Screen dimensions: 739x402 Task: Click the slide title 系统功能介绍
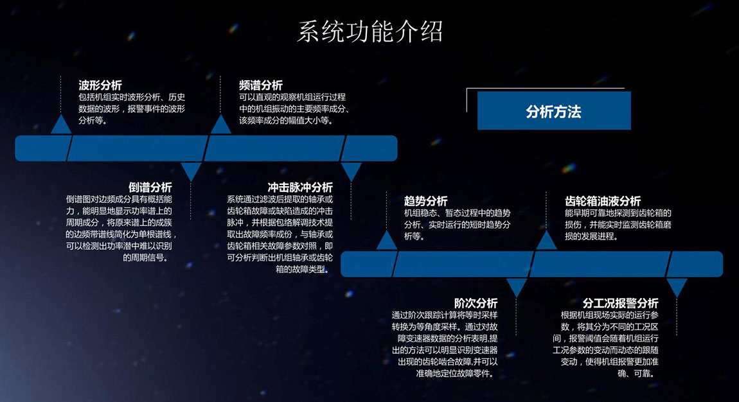coord(369,32)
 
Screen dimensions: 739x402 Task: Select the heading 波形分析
coord(100,85)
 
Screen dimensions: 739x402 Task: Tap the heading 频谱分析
coord(261,85)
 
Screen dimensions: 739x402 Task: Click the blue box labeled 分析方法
coord(554,110)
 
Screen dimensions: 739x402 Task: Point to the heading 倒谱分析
coord(150,188)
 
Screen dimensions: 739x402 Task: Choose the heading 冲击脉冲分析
coord(300,188)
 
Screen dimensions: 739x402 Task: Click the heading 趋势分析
coord(425,201)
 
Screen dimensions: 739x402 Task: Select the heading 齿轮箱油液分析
coord(603,201)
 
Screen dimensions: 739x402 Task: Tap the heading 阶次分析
coord(476,303)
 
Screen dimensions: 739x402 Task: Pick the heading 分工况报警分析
coord(620,303)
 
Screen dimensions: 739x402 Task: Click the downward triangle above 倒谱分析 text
coord(191,170)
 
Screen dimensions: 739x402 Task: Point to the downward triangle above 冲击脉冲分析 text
coord(351,170)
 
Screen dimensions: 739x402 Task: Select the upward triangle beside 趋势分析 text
coord(386,241)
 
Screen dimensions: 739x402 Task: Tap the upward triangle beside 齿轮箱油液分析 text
coord(546,241)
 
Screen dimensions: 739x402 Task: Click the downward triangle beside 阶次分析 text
coord(517,285)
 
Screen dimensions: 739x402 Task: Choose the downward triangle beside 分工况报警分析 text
coord(677,285)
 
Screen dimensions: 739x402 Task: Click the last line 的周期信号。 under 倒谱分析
coord(146,258)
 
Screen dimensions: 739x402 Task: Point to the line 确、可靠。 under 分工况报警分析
coord(636,374)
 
